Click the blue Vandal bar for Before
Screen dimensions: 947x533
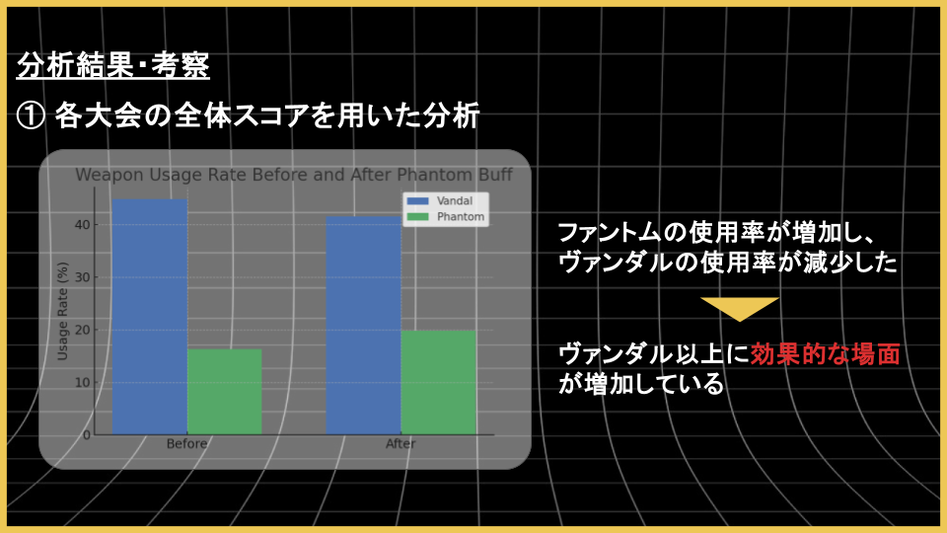(150, 317)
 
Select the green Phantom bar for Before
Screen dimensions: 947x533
(225, 392)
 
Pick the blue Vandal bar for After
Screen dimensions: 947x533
(364, 325)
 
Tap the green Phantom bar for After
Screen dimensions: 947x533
(438, 383)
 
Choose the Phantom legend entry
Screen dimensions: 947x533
(446, 216)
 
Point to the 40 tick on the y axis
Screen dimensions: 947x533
(83, 225)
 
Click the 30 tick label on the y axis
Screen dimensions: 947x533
(83, 277)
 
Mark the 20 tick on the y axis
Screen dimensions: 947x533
(83, 330)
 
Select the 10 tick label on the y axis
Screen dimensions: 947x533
(83, 383)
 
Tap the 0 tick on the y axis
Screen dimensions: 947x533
(87, 435)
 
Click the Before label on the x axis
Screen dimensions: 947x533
(186, 443)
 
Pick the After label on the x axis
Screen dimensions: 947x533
(401, 443)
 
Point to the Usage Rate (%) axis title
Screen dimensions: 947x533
(62, 311)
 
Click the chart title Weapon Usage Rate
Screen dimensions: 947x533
(161, 176)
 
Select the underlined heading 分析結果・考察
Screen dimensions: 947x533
(112, 65)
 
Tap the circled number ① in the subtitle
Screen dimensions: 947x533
(31, 116)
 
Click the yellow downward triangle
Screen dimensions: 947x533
(740, 309)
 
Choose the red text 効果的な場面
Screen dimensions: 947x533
(825, 354)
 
